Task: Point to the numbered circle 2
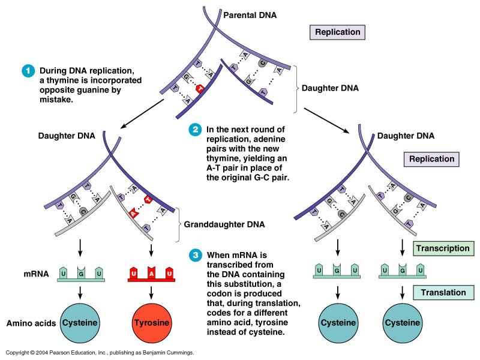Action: click(x=194, y=129)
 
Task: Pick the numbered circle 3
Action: click(x=194, y=254)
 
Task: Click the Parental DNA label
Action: click(x=251, y=13)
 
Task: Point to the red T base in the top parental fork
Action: click(x=201, y=89)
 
